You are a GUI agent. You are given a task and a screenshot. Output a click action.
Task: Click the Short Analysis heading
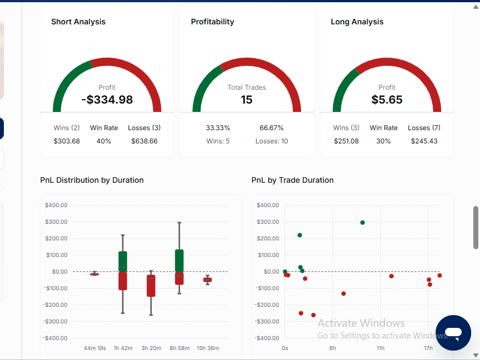tap(78, 22)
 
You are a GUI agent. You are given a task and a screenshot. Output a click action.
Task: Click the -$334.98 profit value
tap(107, 100)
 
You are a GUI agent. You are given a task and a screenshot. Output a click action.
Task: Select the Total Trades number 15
tap(247, 100)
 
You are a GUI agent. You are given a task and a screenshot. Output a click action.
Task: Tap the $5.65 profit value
tap(387, 100)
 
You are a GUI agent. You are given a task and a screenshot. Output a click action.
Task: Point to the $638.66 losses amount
tap(145, 141)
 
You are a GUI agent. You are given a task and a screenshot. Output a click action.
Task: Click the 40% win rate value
tap(104, 141)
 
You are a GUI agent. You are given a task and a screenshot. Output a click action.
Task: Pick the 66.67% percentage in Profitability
tap(272, 127)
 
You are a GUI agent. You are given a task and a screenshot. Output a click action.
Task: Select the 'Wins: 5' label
tap(218, 141)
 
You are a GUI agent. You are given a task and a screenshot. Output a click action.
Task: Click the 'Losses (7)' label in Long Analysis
tap(424, 127)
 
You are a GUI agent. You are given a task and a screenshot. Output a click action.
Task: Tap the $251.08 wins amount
tap(346, 141)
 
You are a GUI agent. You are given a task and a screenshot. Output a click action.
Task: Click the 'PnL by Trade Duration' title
tap(292, 180)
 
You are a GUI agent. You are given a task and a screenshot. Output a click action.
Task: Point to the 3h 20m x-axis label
tap(151, 348)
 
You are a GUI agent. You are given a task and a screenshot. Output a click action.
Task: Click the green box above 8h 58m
tap(180, 261)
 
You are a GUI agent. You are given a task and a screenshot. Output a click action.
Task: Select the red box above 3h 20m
tap(151, 286)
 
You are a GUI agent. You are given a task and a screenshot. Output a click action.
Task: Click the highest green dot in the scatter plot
tap(362, 223)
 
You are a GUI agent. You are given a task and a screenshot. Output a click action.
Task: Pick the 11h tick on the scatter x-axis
tap(381, 348)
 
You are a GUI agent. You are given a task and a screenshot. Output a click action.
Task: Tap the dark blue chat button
tap(453, 333)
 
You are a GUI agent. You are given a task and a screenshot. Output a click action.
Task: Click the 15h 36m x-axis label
tap(208, 348)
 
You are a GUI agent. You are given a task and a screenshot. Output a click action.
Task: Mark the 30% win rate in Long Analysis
tap(384, 141)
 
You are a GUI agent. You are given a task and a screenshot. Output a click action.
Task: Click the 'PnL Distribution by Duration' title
tap(92, 180)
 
